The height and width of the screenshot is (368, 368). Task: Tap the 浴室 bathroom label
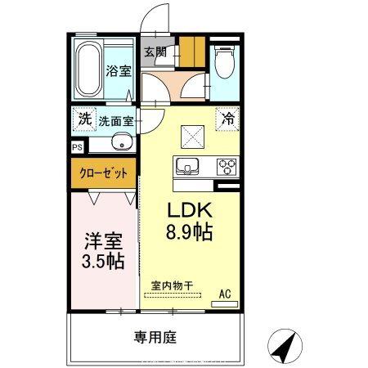point(119,70)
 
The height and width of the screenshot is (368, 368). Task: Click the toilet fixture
point(224,61)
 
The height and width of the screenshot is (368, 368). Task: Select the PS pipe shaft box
point(77,148)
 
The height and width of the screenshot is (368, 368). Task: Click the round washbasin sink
point(125,146)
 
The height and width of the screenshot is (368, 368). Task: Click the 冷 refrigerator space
point(229,119)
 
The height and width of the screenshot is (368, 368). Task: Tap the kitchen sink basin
point(187,168)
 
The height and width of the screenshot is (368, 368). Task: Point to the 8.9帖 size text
point(190,231)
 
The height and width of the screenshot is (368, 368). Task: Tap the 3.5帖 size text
point(103,263)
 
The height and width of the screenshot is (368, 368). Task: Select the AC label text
point(224,292)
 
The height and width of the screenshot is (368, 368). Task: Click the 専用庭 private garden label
point(156,337)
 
